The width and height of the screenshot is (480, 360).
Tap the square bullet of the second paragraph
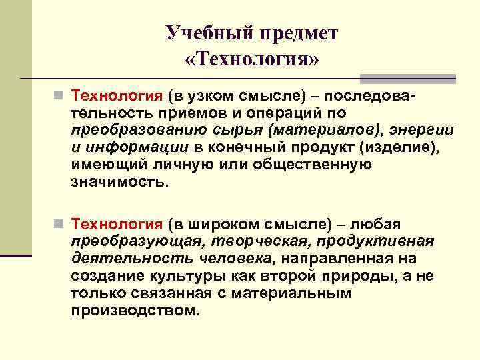[x=59, y=225]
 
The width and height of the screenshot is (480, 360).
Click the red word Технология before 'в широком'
[x=117, y=225]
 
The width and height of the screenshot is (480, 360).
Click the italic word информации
[x=128, y=147]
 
